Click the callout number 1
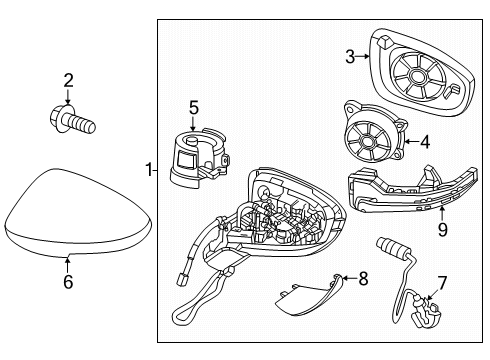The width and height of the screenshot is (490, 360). (147, 170)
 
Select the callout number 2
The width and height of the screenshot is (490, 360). (69, 80)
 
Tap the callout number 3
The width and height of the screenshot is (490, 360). (350, 58)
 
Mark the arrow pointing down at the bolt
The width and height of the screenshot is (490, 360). (69, 98)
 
